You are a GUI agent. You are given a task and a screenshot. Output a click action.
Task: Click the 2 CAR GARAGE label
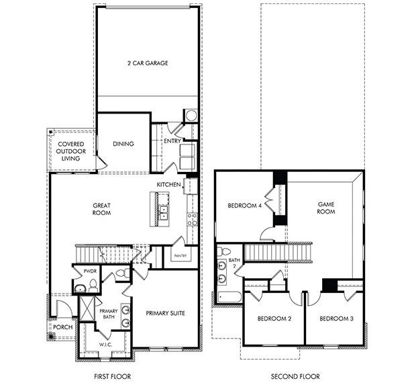tap(147, 63)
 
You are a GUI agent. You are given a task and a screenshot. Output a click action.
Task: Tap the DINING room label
tap(123, 143)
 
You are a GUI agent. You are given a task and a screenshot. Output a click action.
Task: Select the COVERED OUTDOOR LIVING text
tap(70, 152)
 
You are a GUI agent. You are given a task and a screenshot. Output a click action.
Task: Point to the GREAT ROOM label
tap(101, 209)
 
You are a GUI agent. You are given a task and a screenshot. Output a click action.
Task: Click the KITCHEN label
tap(168, 184)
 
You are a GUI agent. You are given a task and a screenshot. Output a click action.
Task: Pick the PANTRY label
tap(179, 256)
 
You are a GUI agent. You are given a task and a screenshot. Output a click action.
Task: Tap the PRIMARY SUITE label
tap(164, 313)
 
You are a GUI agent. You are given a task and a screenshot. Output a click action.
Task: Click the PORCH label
tap(63, 327)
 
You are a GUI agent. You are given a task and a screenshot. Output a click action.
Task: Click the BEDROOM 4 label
tap(245, 206)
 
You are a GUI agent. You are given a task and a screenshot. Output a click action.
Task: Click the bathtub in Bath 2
tap(226, 296)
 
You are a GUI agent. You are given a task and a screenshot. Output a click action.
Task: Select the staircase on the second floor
tap(276, 253)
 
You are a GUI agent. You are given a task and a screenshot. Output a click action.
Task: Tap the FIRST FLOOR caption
tap(113, 377)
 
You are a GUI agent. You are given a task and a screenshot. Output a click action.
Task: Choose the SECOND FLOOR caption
tap(295, 377)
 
